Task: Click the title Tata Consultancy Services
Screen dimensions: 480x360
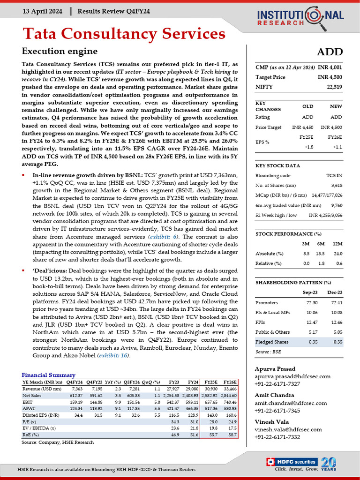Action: coord(124,34)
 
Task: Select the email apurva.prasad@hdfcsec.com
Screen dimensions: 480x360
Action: coord(292,376)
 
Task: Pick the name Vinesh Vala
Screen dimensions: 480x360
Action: coord(271,421)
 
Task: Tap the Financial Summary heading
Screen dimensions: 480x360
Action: coord(48,375)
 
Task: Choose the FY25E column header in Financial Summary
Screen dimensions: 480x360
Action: coord(210,382)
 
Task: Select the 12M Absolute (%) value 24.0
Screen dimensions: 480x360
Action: coord(337,254)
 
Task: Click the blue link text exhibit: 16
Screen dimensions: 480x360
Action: coord(113,356)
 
